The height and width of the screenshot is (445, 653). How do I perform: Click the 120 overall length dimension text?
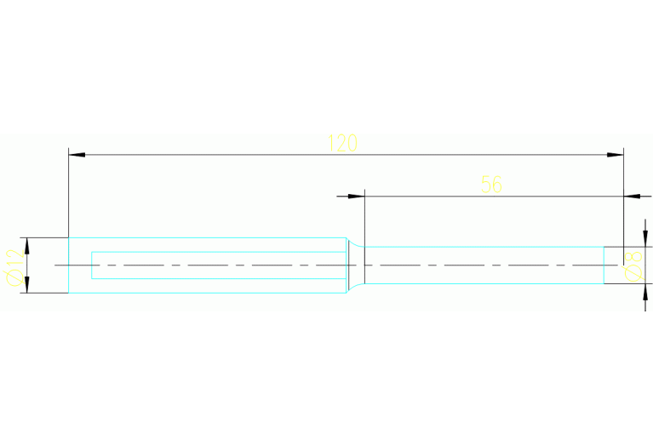pos(342,143)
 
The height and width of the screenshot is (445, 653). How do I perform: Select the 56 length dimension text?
pos(491,184)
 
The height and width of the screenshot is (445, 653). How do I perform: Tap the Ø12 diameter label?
pos(14,267)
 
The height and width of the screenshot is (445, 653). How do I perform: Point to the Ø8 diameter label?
pos(633,267)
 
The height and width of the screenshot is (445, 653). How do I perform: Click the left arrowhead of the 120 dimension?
pos(77,155)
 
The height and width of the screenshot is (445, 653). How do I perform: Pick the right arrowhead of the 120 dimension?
pos(615,155)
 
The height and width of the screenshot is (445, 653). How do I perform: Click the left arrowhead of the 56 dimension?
pos(357,196)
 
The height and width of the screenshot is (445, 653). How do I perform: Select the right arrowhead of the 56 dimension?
pos(632,196)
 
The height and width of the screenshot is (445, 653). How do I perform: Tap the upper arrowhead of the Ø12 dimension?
pos(27,246)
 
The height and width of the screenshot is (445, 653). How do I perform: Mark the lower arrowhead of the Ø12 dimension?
pos(27,285)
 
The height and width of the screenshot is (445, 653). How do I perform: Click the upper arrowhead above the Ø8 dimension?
pos(645,238)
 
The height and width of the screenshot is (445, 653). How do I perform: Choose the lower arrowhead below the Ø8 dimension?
pos(645,292)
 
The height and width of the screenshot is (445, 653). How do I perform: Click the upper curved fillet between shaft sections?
pos(354,243)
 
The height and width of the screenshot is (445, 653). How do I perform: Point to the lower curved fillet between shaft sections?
pos(354,288)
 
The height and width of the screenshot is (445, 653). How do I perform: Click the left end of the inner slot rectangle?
pos(92,265)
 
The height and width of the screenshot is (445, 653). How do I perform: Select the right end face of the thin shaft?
pos(604,265)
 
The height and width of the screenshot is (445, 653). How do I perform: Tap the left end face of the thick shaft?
pos(68,265)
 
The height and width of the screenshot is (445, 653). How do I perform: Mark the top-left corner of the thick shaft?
pos(68,237)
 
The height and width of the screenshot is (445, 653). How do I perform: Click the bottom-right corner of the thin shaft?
pos(604,284)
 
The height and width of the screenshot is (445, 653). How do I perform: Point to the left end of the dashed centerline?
pos(55,265)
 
